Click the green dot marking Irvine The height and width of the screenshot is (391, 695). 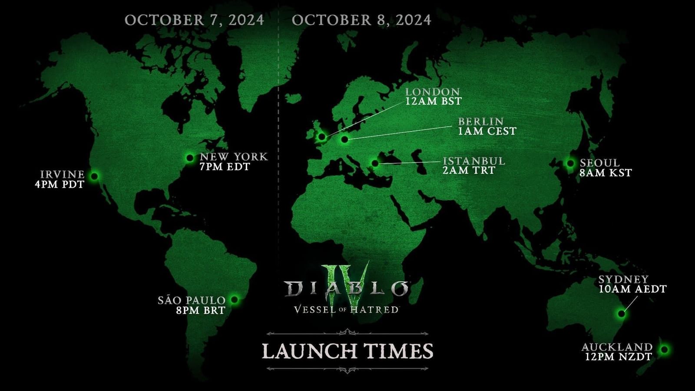(94, 176)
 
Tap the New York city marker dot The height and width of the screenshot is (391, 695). (190, 158)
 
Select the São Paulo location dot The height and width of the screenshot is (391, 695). (235, 299)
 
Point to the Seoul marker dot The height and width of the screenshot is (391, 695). (570, 163)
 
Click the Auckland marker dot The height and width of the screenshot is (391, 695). (664, 349)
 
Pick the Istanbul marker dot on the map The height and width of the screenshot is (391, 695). (375, 163)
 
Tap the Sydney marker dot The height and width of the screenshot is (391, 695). (622, 313)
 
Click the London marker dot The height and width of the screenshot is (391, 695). (322, 137)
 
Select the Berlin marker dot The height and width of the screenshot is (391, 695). (344, 139)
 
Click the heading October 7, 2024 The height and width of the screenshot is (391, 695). (194, 20)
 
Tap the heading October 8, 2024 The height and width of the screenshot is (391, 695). (361, 20)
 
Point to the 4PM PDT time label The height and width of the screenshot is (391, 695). (60, 184)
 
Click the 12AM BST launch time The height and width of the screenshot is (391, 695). (433, 101)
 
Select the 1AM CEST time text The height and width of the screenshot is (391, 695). (487, 131)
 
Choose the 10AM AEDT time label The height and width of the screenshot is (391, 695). (632, 289)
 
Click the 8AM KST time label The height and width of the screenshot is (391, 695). (606, 172)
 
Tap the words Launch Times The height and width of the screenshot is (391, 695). (347, 351)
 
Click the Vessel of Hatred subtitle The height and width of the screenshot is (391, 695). (346, 310)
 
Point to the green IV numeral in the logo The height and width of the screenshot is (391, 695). (347, 282)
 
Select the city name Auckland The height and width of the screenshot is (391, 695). (617, 347)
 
